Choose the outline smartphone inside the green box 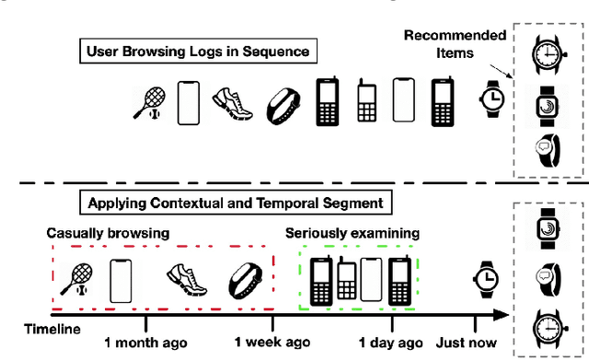pyautogui.click(x=371, y=279)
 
